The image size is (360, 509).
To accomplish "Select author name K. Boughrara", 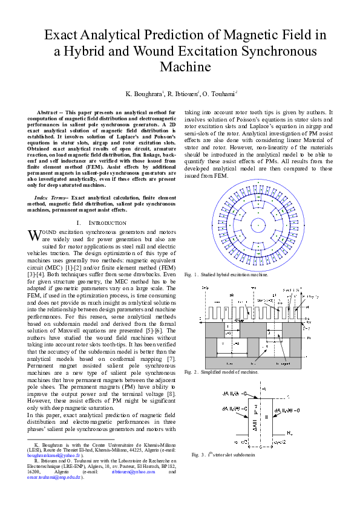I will coord(144,94).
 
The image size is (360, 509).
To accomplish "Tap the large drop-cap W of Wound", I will coord(34,234).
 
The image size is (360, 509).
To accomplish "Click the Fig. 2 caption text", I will coord(221,372).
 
